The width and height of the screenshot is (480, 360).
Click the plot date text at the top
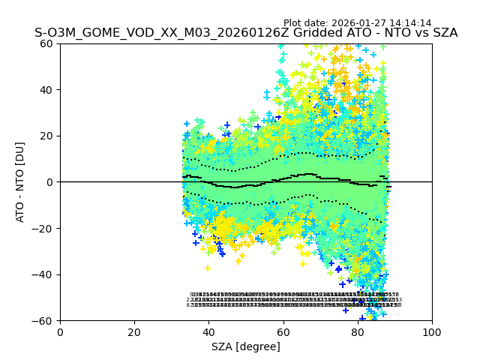pyautogui.click(x=357, y=23)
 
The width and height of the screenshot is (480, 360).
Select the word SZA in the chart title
pyautogui.click(x=442, y=34)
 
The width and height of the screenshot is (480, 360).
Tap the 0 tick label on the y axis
pyautogui.click(x=51, y=182)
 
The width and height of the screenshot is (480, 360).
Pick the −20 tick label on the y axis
pyautogui.click(x=45, y=228)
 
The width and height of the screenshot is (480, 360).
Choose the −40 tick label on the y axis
pyautogui.click(x=45, y=274)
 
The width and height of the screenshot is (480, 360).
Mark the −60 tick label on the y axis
pyautogui.click(x=45, y=320)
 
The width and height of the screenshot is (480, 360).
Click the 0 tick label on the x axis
pyautogui.click(x=60, y=331)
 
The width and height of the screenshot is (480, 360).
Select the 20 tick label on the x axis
pyautogui.click(x=134, y=331)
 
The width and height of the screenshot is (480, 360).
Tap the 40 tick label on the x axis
pyautogui.click(x=208, y=331)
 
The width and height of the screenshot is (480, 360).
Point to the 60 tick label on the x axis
pyautogui.click(x=283, y=331)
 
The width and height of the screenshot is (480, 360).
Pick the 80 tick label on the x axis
pyautogui.click(x=358, y=331)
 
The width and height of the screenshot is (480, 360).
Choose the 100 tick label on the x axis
pyautogui.click(x=432, y=331)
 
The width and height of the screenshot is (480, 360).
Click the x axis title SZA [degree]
pyautogui.click(x=246, y=346)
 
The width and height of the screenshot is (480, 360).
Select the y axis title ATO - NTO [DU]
pyautogui.click(x=21, y=182)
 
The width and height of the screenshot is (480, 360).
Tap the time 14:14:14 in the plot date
pyautogui.click(x=409, y=23)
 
